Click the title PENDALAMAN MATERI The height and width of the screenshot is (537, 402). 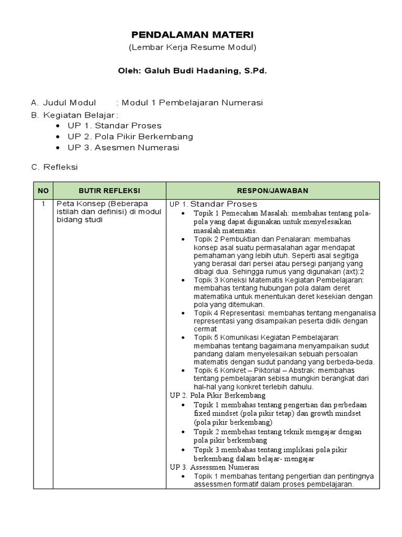192,35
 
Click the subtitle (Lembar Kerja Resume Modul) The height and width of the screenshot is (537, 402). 192,48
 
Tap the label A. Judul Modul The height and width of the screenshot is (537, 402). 64,103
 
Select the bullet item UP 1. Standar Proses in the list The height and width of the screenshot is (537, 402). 114,125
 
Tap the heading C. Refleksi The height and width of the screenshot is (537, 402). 54,167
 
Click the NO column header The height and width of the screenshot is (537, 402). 43,190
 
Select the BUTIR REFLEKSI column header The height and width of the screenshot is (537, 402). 109,190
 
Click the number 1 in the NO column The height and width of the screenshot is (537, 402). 43,203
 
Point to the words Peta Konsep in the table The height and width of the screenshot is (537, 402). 79,203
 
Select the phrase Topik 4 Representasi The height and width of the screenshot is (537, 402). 232,313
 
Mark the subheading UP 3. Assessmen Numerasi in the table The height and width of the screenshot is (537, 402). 215,467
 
